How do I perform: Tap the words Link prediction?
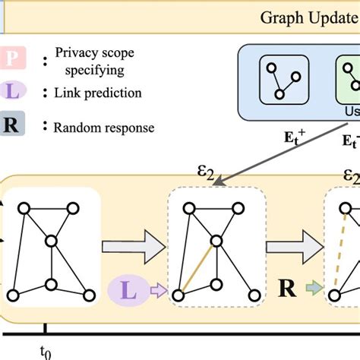(97, 93)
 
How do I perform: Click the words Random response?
(104, 127)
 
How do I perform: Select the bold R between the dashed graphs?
(286, 289)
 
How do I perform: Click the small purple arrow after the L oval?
(156, 290)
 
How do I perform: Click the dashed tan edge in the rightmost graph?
(342, 251)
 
